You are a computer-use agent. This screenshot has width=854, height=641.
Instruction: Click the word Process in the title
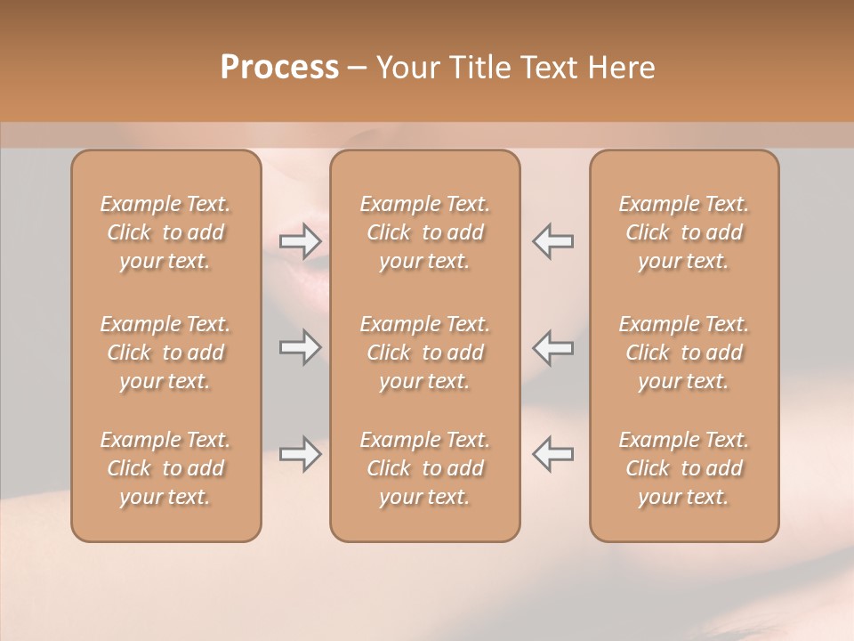279,68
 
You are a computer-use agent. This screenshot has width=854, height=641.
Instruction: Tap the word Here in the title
622,68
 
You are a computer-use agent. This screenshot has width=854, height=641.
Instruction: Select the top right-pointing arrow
300,240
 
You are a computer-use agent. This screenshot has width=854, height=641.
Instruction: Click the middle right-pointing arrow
300,347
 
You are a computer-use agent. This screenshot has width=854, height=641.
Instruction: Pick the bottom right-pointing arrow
300,454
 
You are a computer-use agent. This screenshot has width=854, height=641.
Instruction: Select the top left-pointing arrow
552,240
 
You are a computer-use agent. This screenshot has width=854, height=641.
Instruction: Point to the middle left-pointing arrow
552,347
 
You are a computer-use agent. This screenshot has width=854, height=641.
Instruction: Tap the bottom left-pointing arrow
552,454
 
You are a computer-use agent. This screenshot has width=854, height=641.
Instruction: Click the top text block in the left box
165,232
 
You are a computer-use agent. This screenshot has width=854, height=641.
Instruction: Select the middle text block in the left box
165,353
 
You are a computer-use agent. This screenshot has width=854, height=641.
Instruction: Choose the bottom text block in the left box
165,468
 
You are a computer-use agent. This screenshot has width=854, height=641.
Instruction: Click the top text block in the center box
425,232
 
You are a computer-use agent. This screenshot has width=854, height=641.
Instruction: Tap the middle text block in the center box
425,353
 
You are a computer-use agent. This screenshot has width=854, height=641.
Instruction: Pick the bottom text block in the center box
425,468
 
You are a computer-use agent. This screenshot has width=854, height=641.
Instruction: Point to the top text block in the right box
684,232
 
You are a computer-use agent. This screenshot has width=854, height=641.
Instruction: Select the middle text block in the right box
684,353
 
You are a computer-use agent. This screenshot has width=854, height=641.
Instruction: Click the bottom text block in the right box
684,468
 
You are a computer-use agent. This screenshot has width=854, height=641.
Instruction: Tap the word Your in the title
406,68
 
